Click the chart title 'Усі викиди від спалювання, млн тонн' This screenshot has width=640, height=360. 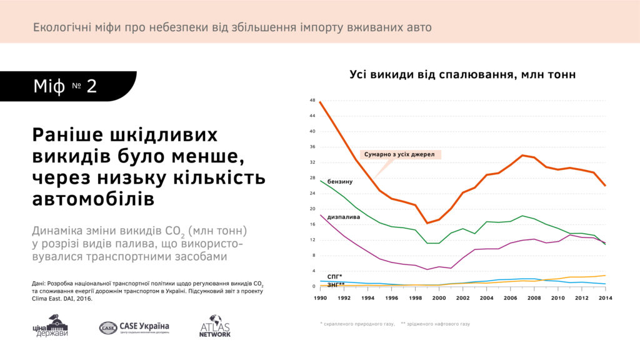coord(462,74)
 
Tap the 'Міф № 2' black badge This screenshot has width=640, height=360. coord(66,86)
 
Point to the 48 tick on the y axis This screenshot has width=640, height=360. coord(312,101)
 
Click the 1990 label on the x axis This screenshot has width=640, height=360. coord(319,297)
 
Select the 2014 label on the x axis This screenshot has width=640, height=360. coord(605,297)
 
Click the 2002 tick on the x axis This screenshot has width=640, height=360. coord(462,297)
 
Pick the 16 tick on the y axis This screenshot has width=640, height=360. coord(312,224)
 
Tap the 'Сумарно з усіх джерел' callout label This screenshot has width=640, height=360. coord(400,154)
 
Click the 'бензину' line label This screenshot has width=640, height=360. coord(340,182)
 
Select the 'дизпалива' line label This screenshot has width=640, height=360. coord(343,217)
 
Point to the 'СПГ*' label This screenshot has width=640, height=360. coord(335,276)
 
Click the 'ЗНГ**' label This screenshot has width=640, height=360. coord(336,285)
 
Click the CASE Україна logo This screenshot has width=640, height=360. coord(134,327)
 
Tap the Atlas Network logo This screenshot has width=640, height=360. coord(215,326)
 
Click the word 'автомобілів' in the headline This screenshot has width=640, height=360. coord(92,199)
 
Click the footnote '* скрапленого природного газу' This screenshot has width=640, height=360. coord(356,324)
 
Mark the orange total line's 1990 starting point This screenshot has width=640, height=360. coord(319,102)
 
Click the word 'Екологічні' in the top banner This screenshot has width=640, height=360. coord(61,27)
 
